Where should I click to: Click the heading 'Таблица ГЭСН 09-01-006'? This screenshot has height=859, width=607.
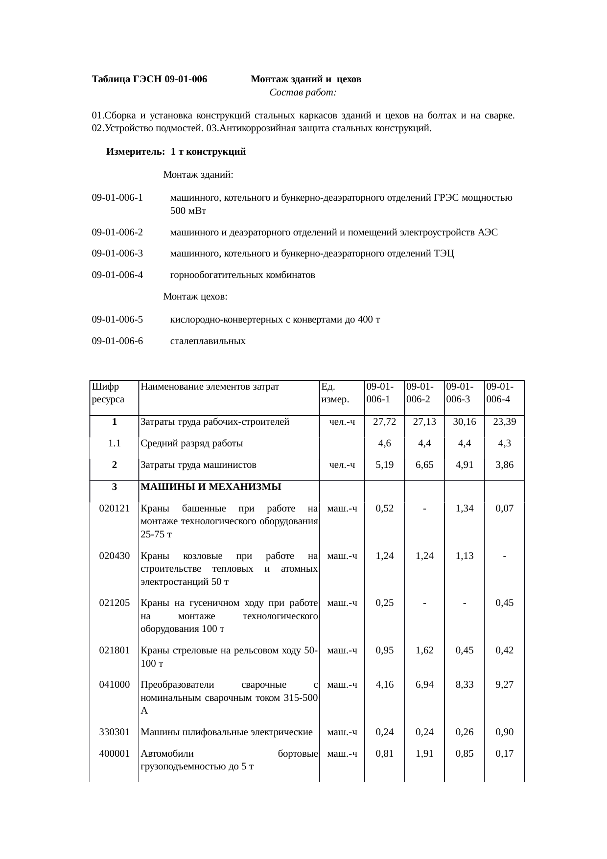(149, 79)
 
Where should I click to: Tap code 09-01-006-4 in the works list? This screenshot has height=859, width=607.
(117, 275)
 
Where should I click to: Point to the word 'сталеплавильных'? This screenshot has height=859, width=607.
(208, 341)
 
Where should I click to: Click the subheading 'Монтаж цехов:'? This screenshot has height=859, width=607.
(195, 297)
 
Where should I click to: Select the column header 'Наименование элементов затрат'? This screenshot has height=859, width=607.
(210, 387)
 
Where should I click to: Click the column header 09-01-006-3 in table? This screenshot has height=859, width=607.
(459, 393)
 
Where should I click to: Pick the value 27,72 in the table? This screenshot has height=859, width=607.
(384, 422)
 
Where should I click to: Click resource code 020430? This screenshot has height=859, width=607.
(114, 556)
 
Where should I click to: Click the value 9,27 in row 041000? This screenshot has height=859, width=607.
(504, 685)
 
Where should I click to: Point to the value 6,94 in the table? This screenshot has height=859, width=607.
(424, 685)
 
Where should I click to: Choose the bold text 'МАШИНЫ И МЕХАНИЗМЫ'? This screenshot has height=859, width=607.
(210, 487)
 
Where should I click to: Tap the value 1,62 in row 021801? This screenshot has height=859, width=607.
(424, 650)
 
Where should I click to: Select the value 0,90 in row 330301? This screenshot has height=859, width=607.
(504, 732)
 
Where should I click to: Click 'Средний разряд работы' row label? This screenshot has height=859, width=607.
(192, 444)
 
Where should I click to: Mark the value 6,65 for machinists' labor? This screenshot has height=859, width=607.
(424, 465)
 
